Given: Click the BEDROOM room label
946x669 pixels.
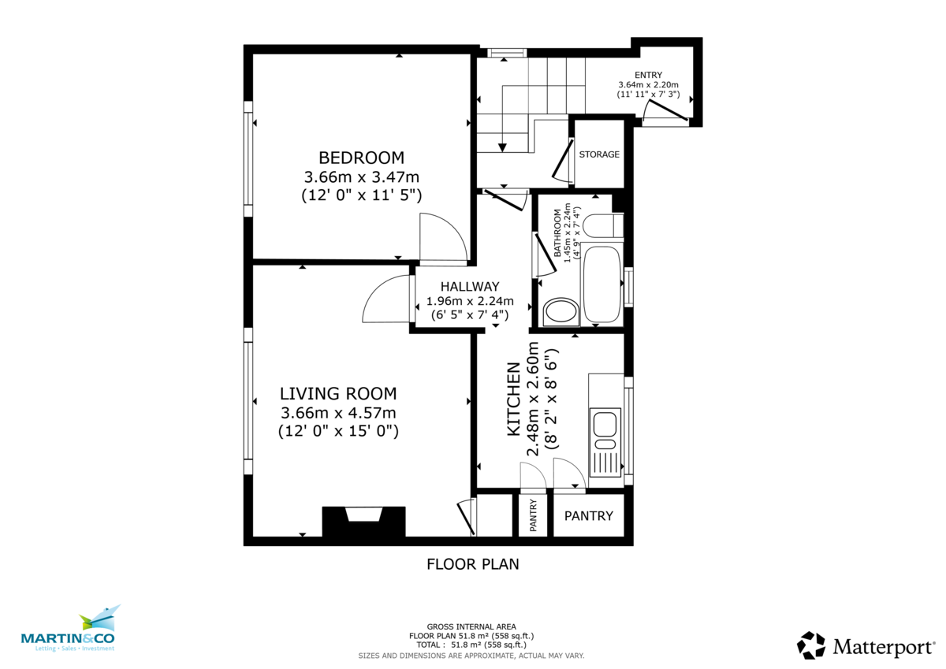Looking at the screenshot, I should (x=361, y=157).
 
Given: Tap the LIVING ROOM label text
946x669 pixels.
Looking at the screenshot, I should (x=338, y=393).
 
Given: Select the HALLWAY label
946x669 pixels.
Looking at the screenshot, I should (x=470, y=287).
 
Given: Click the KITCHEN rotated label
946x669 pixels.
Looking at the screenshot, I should (x=513, y=399).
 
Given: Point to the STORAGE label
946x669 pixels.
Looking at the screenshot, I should (x=599, y=154).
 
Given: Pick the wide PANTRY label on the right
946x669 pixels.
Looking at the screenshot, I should (x=589, y=516).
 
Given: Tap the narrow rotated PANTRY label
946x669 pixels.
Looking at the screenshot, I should (x=534, y=515).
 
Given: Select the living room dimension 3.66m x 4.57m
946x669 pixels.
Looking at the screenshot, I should (x=338, y=412).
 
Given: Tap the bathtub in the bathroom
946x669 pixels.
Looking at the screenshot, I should (x=603, y=284).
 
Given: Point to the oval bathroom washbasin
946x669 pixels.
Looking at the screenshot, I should (x=561, y=311).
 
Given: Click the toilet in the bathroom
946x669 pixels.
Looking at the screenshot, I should (x=607, y=226).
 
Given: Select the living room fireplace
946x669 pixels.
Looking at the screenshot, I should (x=363, y=522).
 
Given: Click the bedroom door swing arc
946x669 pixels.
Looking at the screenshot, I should (x=441, y=236).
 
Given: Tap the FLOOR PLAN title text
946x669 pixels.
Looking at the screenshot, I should (x=472, y=564).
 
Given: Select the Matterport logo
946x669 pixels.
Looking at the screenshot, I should (x=866, y=646).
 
